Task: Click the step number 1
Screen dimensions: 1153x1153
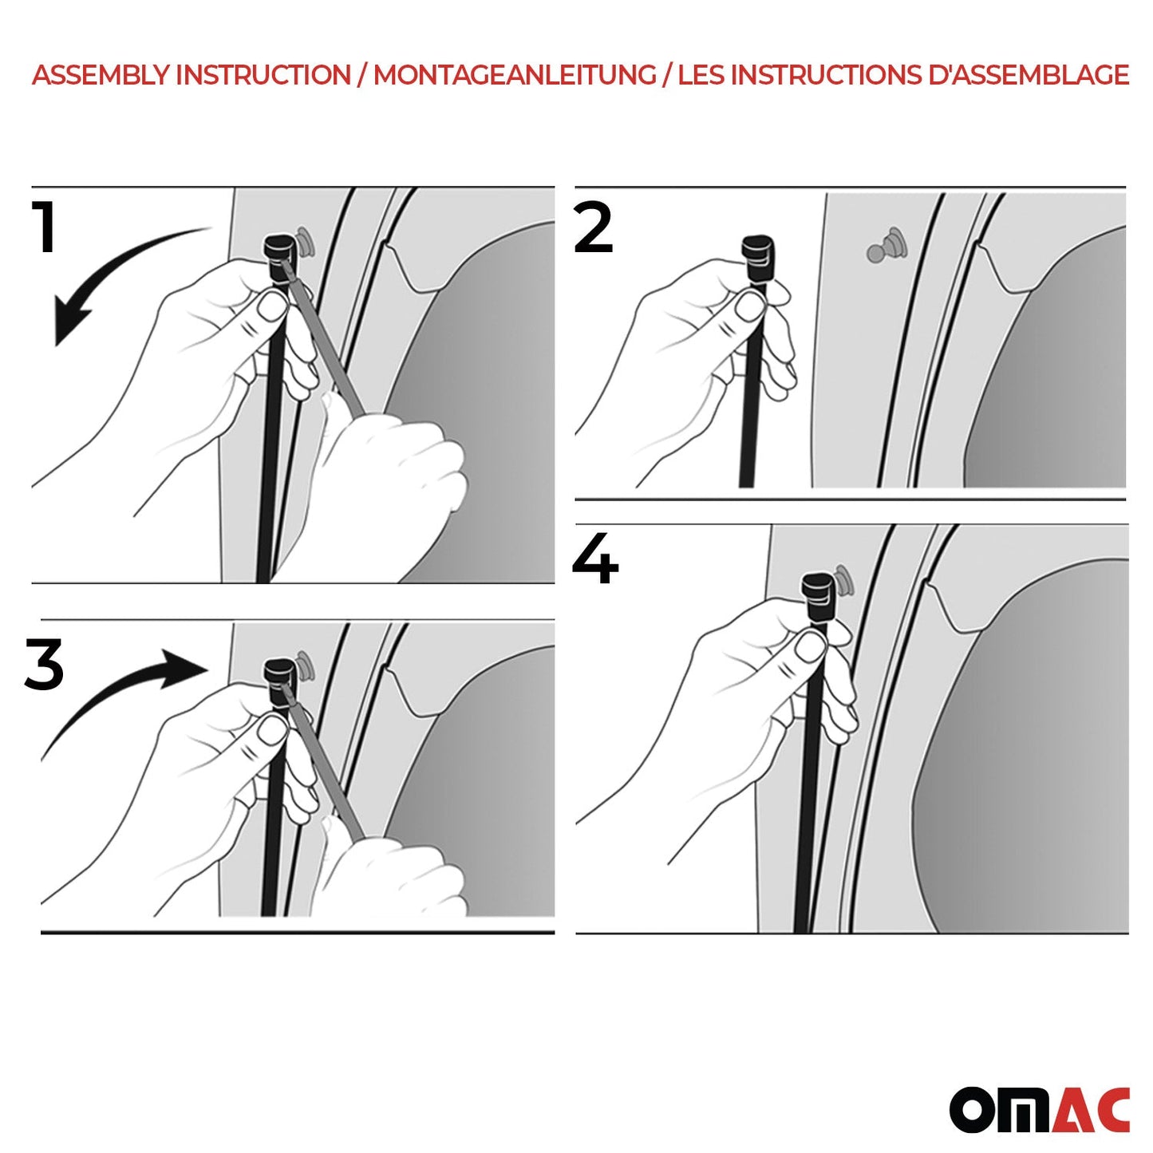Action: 45,228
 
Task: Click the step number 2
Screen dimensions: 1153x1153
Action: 594,228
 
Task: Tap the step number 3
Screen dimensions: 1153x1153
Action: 44,665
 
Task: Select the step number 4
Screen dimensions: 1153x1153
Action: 595,559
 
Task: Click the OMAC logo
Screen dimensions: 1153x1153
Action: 1039,1109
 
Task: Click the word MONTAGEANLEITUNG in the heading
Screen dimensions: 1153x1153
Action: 515,75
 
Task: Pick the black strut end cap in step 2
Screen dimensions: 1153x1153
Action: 757,255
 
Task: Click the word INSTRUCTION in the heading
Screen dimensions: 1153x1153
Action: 263,75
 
